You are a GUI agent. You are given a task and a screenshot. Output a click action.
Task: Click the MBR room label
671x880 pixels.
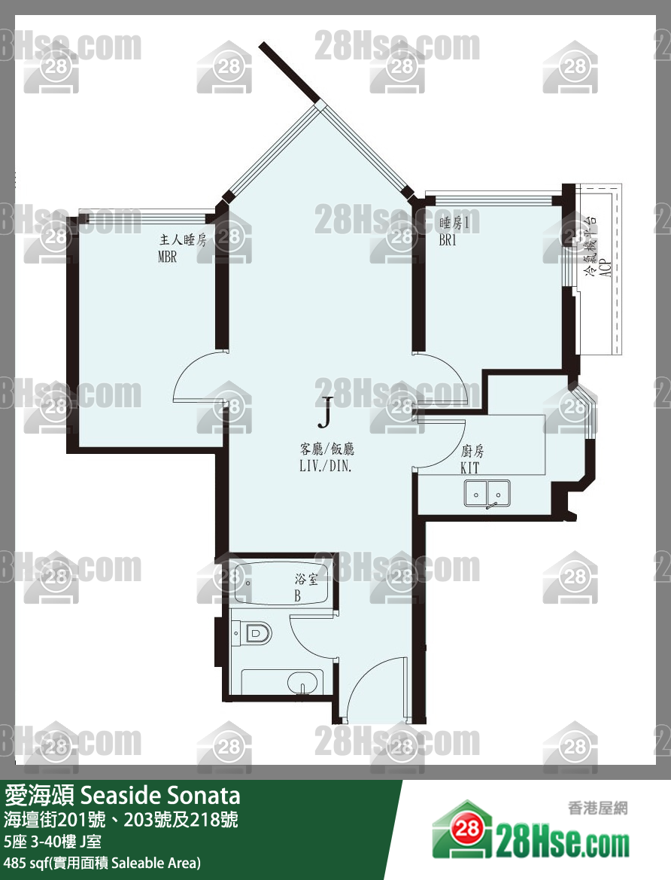pos(167,257)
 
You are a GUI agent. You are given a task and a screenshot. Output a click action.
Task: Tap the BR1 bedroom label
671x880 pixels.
pos(448,240)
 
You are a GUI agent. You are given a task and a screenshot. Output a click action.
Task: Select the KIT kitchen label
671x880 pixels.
pos(469,467)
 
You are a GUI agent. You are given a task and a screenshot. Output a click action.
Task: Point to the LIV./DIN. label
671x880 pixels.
pos(326,465)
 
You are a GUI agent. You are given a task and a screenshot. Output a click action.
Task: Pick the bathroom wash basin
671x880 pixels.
pos(302,683)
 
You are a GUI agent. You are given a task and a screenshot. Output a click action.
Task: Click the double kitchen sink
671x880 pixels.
pos(487,494)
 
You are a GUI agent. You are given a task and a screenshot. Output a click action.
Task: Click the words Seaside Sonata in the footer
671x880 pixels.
pos(160,795)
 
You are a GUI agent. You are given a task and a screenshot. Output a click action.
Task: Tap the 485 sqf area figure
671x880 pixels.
pos(24,863)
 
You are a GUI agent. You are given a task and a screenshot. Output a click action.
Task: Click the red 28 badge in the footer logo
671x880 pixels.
pos(467,828)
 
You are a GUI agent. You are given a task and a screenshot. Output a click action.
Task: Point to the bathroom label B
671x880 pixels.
pos(298,596)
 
